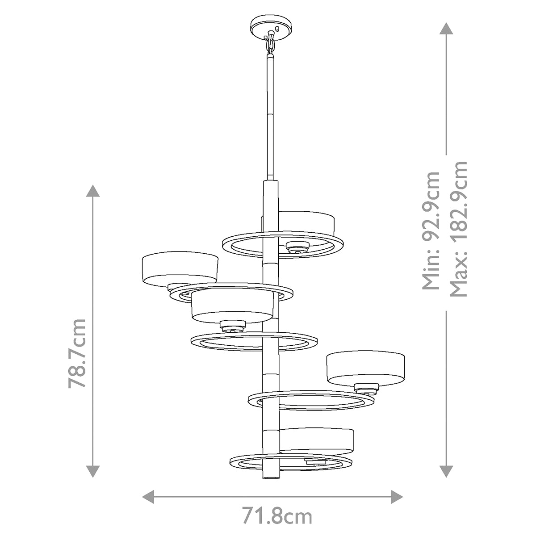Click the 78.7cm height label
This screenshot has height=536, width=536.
pos(77,353)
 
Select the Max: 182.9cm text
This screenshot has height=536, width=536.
pos(459,229)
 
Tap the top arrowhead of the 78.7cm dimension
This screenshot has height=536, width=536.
pos(93,191)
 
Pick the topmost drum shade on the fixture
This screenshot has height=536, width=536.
pos(307,222)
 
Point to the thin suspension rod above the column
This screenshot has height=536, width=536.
pos(270,116)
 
